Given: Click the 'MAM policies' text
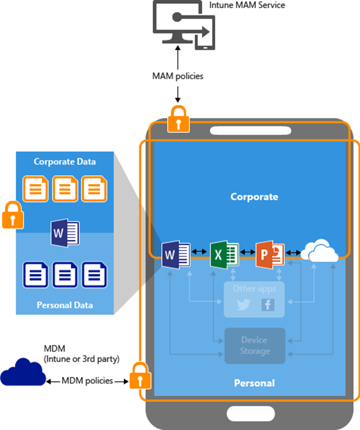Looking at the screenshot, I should click(178, 76).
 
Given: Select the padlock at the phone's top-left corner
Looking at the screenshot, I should click(178, 118).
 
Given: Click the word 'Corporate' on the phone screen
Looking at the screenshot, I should click(254, 197).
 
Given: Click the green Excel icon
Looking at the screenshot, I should click(221, 254).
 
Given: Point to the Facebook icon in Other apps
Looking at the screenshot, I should click(268, 304).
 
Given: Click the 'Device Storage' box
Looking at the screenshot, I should click(255, 345).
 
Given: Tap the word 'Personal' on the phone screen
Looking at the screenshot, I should click(254, 383).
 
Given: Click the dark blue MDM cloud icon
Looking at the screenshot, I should click(22, 375).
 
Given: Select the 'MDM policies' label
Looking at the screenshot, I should click(87, 381).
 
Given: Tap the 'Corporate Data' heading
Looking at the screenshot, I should click(65, 162).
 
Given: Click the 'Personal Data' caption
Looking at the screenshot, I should click(65, 305).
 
